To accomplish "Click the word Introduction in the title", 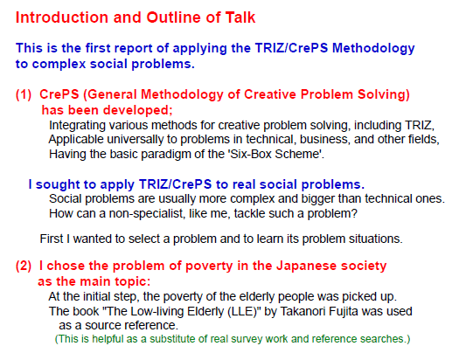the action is click(x=62, y=17).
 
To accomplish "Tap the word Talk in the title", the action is click(x=240, y=17).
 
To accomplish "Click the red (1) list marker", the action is click(x=24, y=94).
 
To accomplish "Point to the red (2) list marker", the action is click(x=24, y=266).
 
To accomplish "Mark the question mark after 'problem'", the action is click(x=354, y=213).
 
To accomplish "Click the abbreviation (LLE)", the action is click(x=242, y=311).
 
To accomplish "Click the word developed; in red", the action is click(x=137, y=110).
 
